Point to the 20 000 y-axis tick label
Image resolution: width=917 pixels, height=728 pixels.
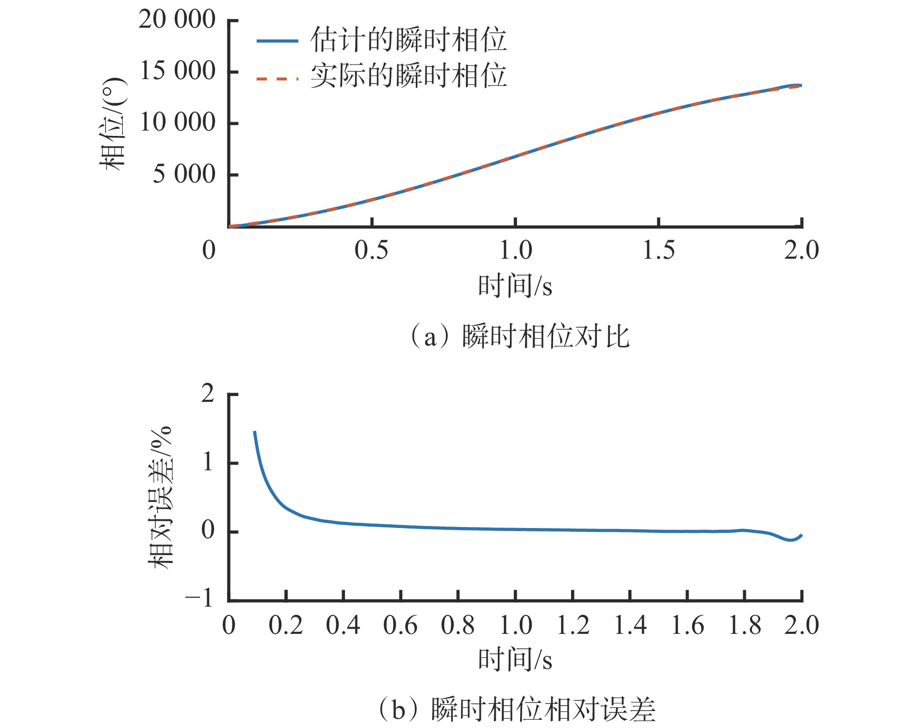click(x=177, y=20)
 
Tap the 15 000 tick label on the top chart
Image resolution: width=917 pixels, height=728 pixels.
click(x=177, y=71)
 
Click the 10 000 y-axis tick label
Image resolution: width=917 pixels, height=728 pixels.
click(x=177, y=122)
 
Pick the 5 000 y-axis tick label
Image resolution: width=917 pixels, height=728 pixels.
click(x=184, y=174)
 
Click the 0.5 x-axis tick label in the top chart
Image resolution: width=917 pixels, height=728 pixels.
click(x=371, y=250)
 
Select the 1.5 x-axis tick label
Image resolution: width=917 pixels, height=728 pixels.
click(x=658, y=250)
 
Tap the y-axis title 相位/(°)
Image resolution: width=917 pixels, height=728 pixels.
click(x=113, y=124)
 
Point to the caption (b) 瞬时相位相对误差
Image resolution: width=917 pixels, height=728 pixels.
click(x=517, y=709)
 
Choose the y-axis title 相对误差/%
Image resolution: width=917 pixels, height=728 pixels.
click(x=161, y=497)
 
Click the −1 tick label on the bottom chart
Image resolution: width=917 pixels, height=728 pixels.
click(x=199, y=598)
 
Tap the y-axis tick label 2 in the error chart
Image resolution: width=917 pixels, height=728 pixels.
click(x=208, y=393)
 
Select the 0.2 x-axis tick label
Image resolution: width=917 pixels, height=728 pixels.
click(x=286, y=625)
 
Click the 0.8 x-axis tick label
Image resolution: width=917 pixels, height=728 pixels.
click(x=458, y=625)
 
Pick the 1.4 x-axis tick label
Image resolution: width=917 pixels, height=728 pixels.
click(x=630, y=625)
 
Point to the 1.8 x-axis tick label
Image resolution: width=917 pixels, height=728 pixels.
click(x=745, y=625)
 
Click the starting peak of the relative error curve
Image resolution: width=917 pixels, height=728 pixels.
click(x=255, y=431)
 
